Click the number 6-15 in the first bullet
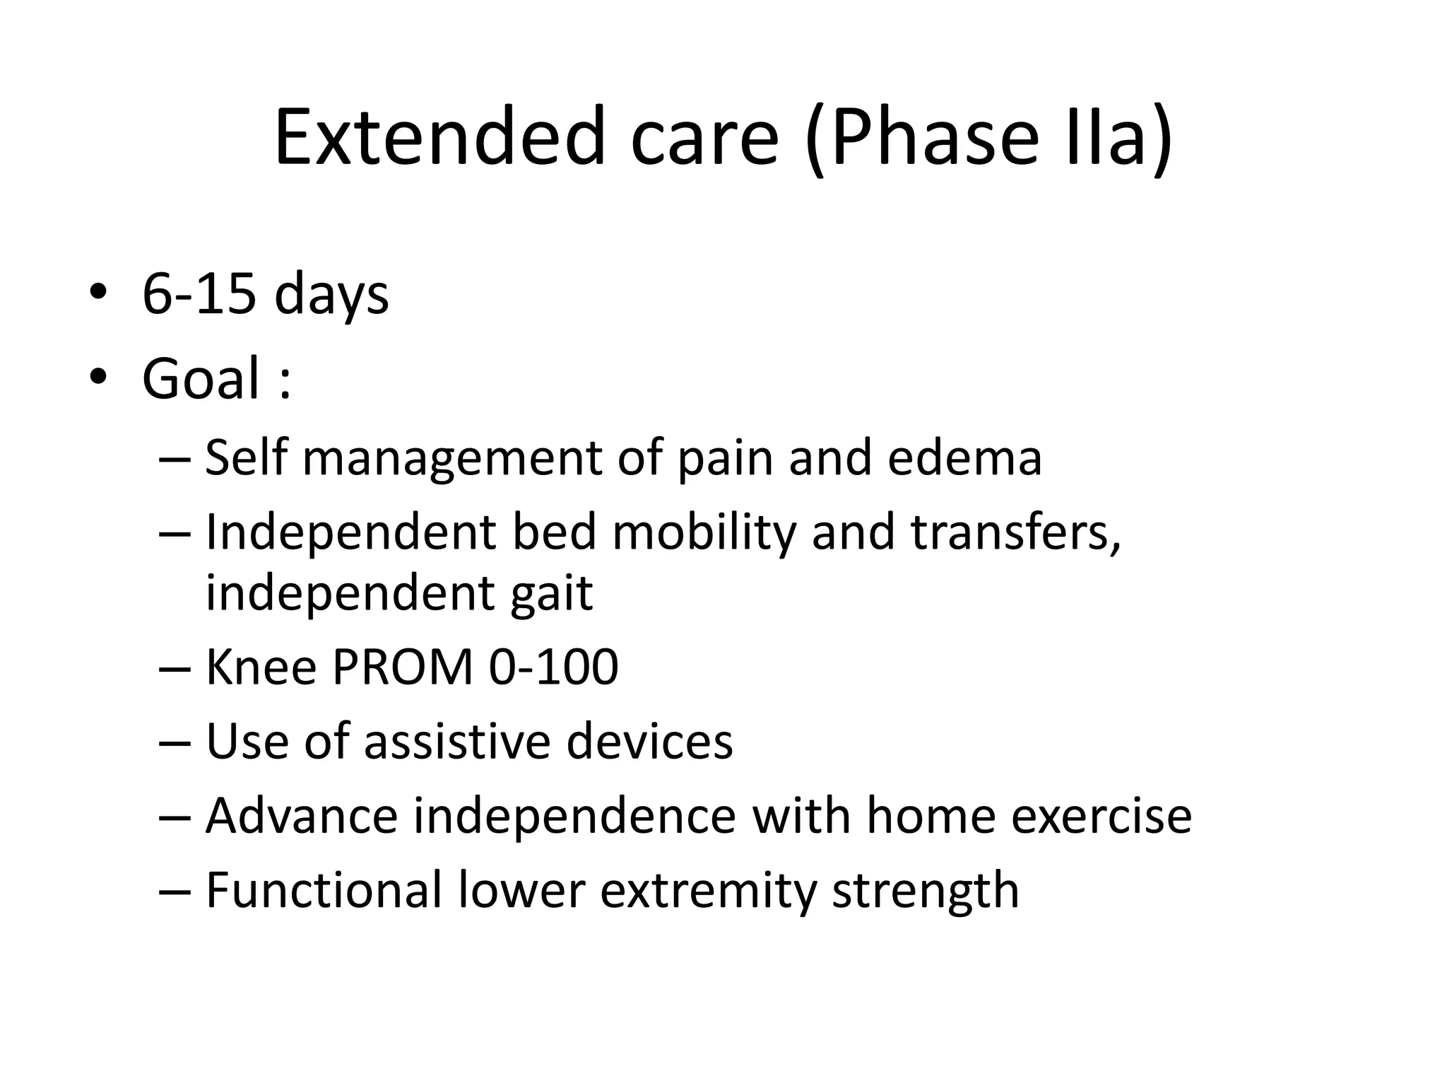199,294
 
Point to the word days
331,294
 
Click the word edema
964,457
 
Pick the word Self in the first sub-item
245,457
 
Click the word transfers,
1015,532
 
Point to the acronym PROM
402,667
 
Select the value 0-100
553,667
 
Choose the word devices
649,742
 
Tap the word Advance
302,816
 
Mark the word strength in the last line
925,890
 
